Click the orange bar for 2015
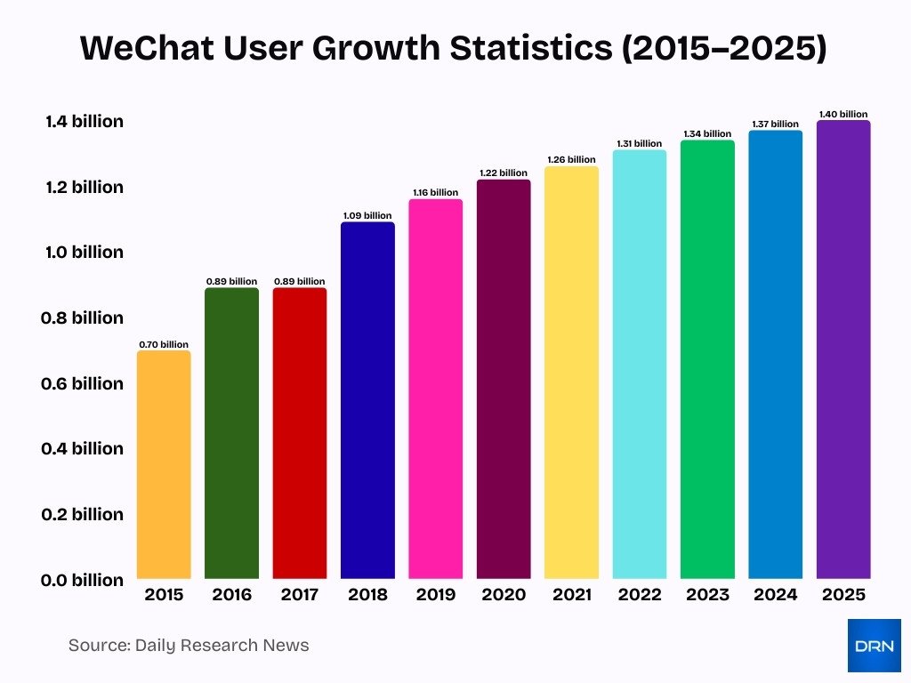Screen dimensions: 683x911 click(x=164, y=464)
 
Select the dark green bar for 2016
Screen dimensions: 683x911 click(x=231, y=433)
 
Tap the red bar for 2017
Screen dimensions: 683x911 click(x=300, y=433)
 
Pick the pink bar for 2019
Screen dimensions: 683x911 click(x=436, y=389)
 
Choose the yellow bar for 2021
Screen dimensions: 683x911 click(x=571, y=373)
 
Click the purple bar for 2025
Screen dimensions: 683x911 click(x=843, y=350)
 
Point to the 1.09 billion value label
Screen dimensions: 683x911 click(x=367, y=215)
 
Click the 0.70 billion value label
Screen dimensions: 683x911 click(x=164, y=344)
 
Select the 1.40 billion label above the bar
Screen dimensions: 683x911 click(x=843, y=114)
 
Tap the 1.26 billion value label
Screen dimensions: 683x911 click(x=571, y=160)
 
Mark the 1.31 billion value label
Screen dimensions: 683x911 click(x=640, y=143)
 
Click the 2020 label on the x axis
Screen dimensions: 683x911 click(x=504, y=595)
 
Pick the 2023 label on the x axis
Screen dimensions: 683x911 click(x=708, y=595)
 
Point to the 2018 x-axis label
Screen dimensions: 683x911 click(x=367, y=595)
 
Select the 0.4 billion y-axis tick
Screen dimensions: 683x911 click(x=83, y=449)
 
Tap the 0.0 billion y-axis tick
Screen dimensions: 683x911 click(x=83, y=581)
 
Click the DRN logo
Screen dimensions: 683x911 click(x=874, y=645)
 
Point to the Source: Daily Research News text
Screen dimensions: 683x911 click(x=189, y=646)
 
